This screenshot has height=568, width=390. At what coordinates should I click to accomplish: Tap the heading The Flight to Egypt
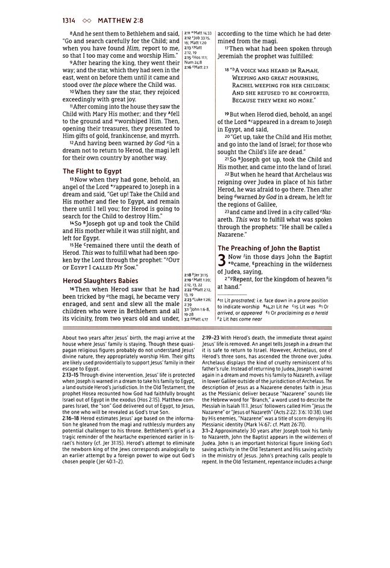coord(92,171)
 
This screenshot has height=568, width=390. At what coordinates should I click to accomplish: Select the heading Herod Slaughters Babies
coord(101,281)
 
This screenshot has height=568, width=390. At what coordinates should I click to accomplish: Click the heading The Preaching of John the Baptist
coord(268,248)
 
